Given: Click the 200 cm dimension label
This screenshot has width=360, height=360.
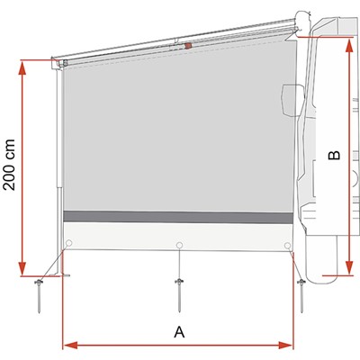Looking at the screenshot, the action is tap(9, 165).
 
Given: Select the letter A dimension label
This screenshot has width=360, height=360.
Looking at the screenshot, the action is tap(179, 332).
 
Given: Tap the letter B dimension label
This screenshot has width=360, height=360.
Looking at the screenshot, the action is tap(335, 155).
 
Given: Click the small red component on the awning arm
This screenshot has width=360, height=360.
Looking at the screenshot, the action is tap(188, 46).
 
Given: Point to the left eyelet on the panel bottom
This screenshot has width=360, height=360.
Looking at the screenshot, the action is tap(69, 243).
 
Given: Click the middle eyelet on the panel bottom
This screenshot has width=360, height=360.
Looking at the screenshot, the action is tap(179, 245).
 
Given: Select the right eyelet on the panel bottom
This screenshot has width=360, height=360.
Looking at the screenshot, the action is tap(287, 246).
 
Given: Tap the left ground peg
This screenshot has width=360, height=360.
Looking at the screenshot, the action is tap(39, 296).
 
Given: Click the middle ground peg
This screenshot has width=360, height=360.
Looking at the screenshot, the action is tap(179, 295).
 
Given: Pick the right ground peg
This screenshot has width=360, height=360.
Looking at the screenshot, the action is tap(301, 296).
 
